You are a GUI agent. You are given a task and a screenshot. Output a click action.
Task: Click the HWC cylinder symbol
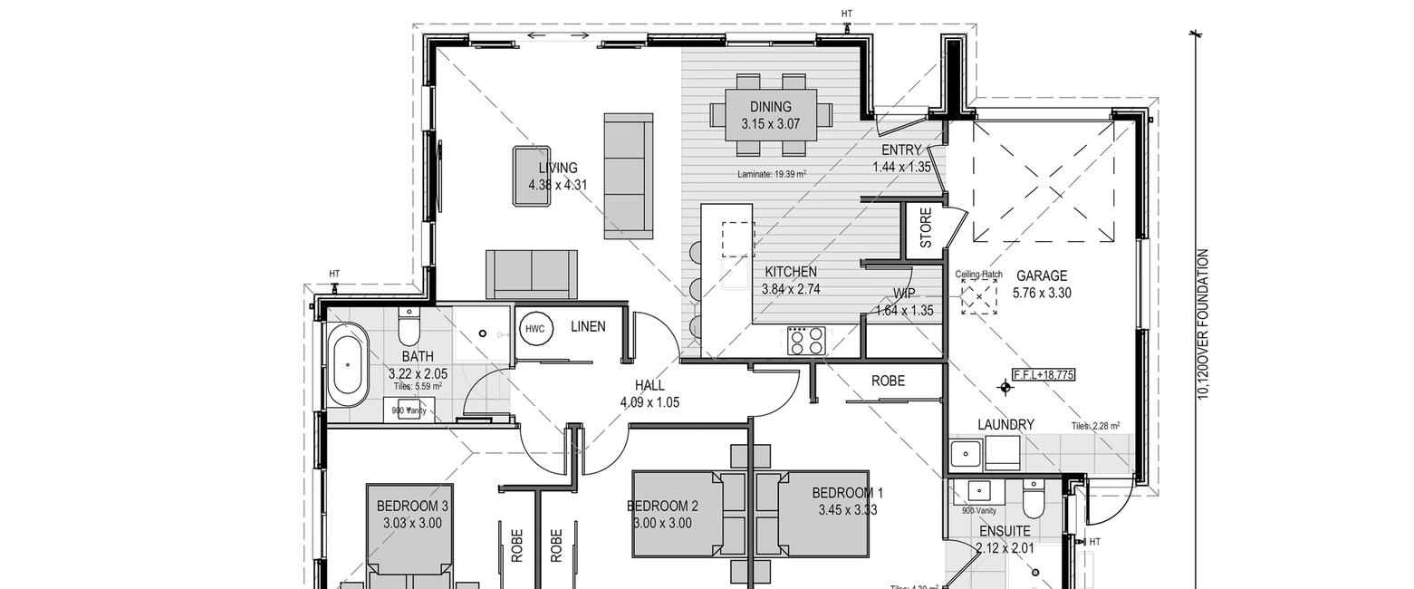click(534, 329)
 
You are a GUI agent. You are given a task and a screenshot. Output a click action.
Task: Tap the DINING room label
click(770, 107)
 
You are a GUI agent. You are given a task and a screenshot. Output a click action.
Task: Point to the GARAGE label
click(1041, 275)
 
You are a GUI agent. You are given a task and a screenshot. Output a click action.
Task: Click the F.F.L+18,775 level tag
click(1044, 374)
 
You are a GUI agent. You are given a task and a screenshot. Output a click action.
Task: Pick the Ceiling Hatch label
click(978, 274)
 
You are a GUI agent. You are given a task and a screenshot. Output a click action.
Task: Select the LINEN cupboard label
click(588, 326)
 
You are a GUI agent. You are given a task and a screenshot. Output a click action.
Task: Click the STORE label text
click(926, 227)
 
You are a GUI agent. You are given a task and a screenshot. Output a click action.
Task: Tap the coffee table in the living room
click(533, 177)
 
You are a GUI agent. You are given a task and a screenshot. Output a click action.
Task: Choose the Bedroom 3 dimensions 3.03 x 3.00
click(412, 523)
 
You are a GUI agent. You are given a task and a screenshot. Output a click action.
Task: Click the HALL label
click(649, 386)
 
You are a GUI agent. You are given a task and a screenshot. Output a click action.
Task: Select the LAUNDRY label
click(1005, 424)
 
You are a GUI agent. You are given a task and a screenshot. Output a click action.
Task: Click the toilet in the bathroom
click(409, 323)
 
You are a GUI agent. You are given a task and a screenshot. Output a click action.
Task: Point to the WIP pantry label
click(904, 294)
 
